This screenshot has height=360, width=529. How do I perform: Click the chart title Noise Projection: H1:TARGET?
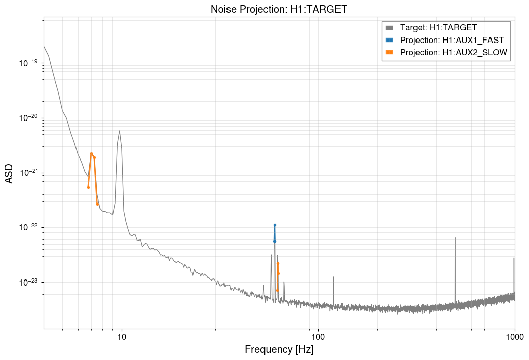pos(279,9)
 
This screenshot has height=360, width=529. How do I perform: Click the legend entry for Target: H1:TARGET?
pos(438,27)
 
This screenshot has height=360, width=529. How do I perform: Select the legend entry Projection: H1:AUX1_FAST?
pos(451,39)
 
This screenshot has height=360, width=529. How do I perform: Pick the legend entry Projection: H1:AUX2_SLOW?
pos(454,52)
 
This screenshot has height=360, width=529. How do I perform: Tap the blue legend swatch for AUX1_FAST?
pos(389,39)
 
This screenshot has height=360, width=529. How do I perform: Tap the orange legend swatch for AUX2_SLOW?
pos(389,52)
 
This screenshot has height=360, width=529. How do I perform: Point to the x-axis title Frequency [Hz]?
pos(279,349)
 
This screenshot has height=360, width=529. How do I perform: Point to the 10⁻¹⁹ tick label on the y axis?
pos(28,63)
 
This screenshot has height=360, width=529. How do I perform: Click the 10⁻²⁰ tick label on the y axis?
pos(28,118)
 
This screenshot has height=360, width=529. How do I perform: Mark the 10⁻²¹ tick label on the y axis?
pos(28,173)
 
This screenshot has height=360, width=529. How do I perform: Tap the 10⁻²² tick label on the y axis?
pos(28,227)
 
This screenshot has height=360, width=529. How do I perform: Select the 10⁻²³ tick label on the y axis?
pos(28,282)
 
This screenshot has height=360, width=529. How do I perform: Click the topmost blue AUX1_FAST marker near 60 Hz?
pos(275,225)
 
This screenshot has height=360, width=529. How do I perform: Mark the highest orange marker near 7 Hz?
pos(92,153)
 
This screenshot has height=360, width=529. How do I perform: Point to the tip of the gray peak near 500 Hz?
pos(455,238)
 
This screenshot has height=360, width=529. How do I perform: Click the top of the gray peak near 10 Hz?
pos(120,131)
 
